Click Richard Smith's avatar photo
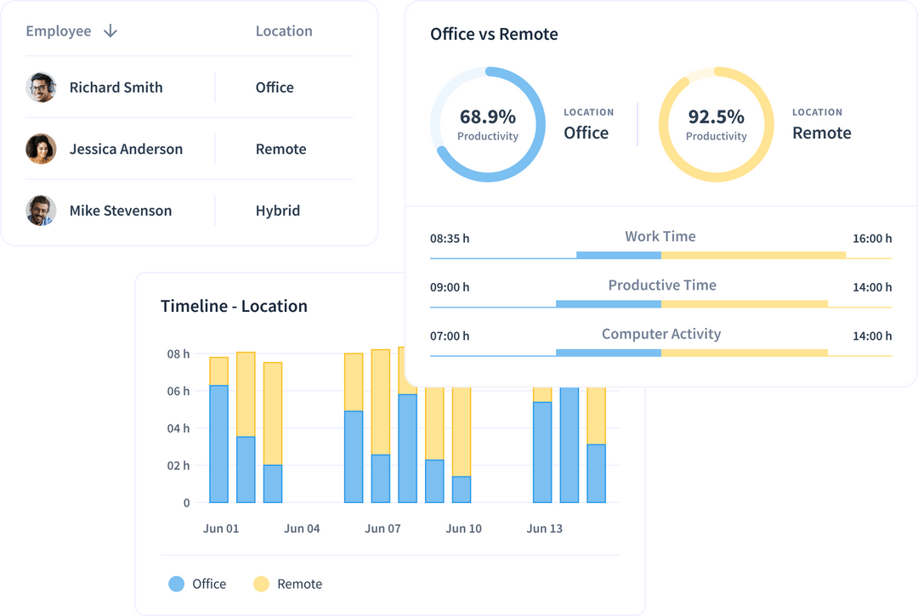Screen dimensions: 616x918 pyautogui.click(x=41, y=88)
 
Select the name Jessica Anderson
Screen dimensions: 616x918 pyautogui.click(x=126, y=149)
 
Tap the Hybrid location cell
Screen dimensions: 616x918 pyautogui.click(x=277, y=211)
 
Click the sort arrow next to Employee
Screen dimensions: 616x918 pyautogui.click(x=110, y=31)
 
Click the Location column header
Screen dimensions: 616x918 pyautogui.click(x=284, y=31)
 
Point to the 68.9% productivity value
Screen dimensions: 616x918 pyautogui.click(x=487, y=116)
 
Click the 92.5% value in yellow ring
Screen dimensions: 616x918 pyautogui.click(x=716, y=116)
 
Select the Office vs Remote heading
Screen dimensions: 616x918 pyautogui.click(x=494, y=35)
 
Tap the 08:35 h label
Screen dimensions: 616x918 pyautogui.click(x=450, y=239)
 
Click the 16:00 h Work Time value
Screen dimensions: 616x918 pyautogui.click(x=872, y=239)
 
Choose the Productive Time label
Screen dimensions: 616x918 pyautogui.click(x=661, y=285)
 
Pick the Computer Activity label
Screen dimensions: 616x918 pyautogui.click(x=660, y=334)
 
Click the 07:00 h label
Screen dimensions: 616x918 pyautogui.click(x=450, y=336)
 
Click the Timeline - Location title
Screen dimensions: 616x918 pyautogui.click(x=234, y=306)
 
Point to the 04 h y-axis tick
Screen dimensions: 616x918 pyautogui.click(x=178, y=428)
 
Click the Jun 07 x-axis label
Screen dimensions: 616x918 pyautogui.click(x=382, y=528)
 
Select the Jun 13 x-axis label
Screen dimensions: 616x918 pyautogui.click(x=544, y=528)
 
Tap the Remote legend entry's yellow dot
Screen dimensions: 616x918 pyautogui.click(x=261, y=584)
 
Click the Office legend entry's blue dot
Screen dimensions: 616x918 pyautogui.click(x=176, y=584)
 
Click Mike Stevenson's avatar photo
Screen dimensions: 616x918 pyautogui.click(x=41, y=211)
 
